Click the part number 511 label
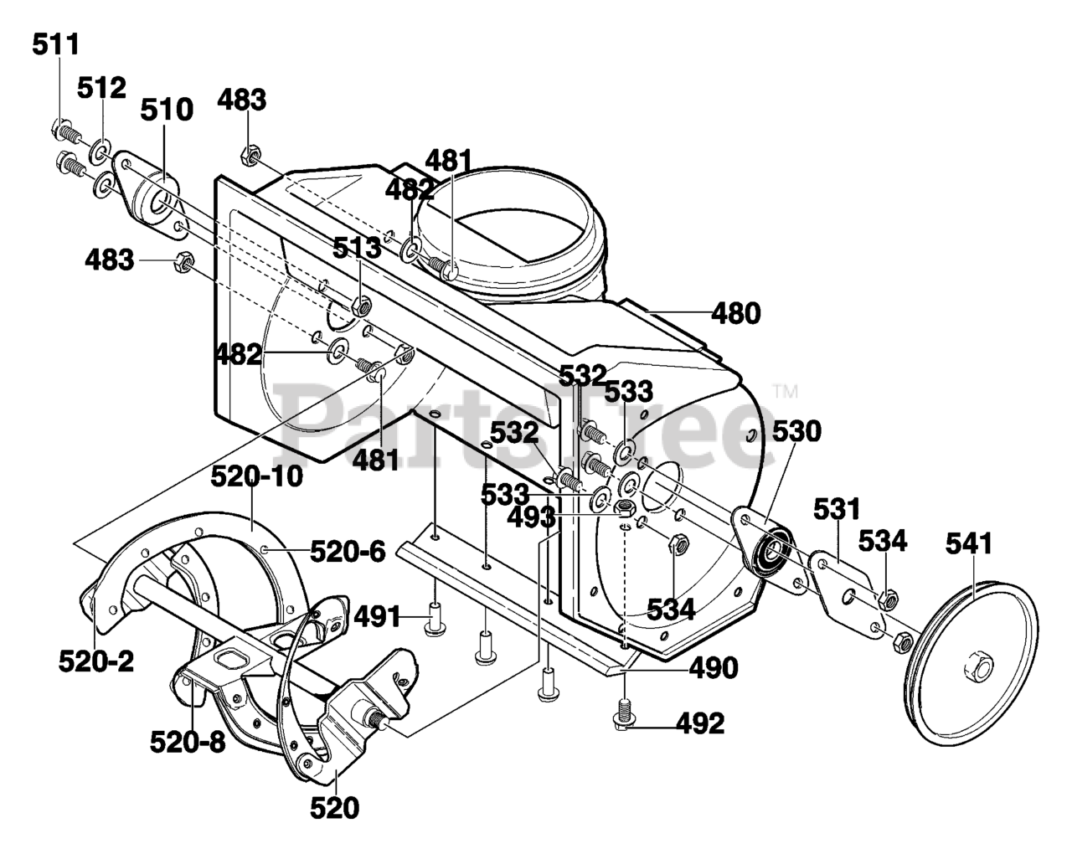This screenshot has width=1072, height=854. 56,44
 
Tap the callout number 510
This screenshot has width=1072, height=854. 167,110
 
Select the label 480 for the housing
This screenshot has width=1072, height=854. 736,314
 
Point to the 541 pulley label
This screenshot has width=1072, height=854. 969,543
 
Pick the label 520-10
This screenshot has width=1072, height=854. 256,476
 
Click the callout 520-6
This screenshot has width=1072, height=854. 348,552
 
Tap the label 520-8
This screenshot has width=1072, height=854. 188,743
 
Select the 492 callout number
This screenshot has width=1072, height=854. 700,724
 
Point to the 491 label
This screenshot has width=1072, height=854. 377,618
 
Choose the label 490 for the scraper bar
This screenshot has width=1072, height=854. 714,668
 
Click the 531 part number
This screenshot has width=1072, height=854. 837,509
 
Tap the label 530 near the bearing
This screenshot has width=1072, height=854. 796,432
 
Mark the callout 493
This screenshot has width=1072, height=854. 532,518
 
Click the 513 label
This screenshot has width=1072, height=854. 357,248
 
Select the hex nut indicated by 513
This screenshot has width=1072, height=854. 360,306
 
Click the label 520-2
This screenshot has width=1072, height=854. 96,661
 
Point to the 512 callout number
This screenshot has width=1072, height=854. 101,88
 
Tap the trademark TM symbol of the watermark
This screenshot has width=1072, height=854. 785,391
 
